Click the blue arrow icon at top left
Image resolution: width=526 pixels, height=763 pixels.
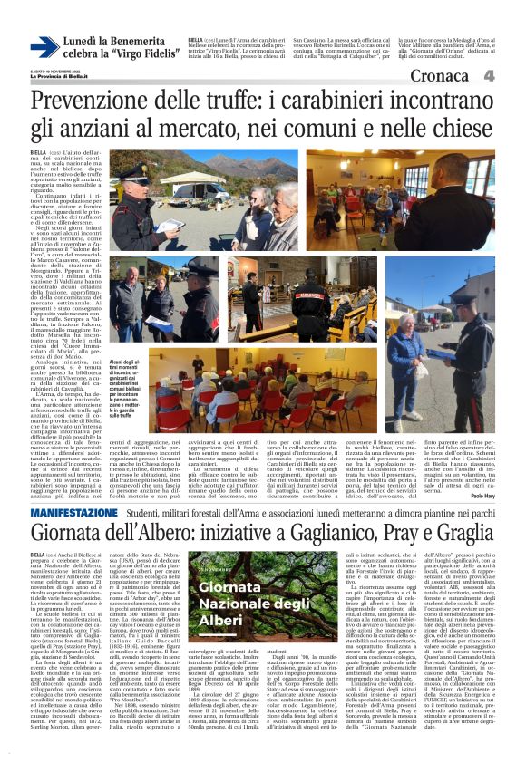44,48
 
